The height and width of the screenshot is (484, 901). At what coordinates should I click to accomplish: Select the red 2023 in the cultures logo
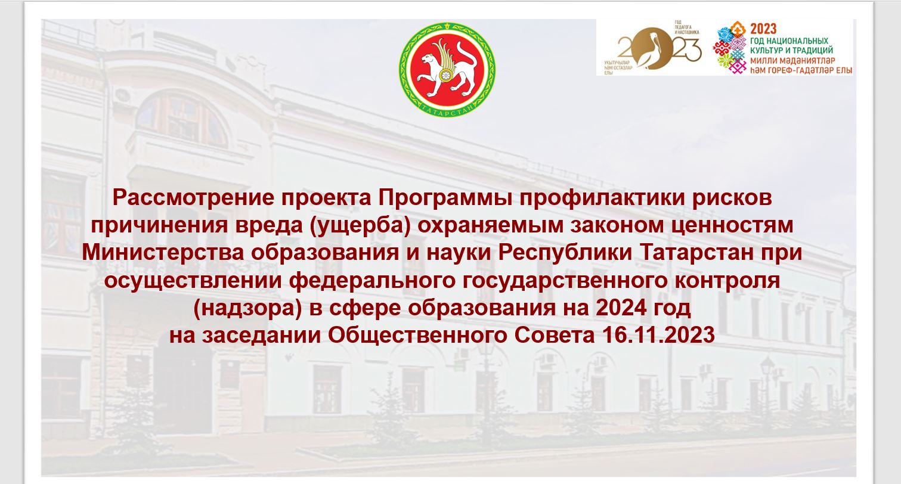[x=763, y=29]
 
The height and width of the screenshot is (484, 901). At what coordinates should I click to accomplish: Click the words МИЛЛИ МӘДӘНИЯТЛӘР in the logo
[x=792, y=61]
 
